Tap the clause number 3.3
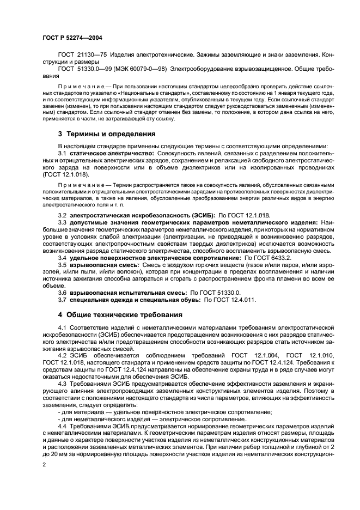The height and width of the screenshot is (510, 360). click(63, 223)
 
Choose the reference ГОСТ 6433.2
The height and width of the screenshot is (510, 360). click(270, 257)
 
